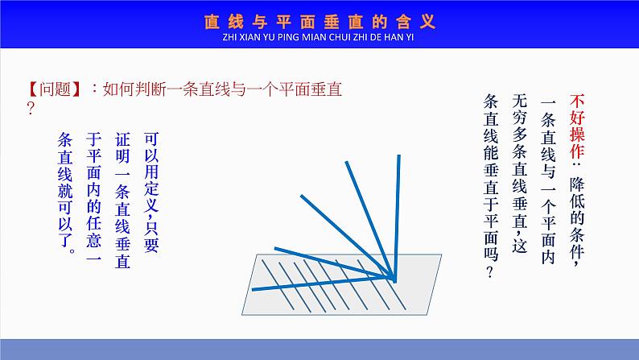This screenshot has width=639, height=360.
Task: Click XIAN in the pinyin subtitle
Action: coord(238,37)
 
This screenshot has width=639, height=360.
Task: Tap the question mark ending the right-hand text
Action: coord(490,272)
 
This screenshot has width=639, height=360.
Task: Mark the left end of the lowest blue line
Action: coord(253,288)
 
